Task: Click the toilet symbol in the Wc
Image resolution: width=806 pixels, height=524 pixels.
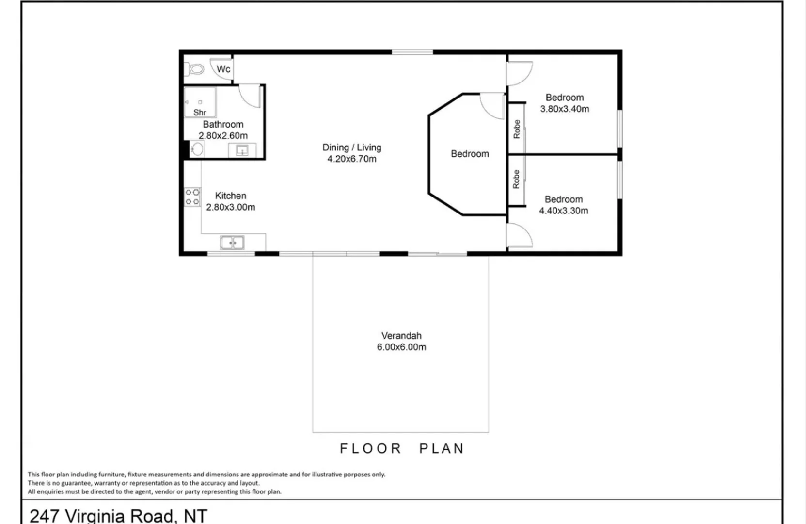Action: [x=195, y=69]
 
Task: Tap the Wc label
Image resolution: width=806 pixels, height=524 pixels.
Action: [x=223, y=69]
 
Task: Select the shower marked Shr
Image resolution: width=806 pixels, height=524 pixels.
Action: [x=200, y=103]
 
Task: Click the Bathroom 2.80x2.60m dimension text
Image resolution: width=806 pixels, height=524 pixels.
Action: [x=223, y=136]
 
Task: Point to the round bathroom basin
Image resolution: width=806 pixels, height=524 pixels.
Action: [x=197, y=149]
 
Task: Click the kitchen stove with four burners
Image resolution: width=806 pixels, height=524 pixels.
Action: [x=192, y=196]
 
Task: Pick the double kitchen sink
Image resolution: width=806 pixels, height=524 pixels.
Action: [x=232, y=242]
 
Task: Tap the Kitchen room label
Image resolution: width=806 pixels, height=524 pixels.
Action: [x=231, y=196]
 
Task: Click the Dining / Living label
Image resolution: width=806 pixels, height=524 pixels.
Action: [x=352, y=147]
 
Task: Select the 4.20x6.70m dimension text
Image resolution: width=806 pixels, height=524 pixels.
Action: [x=352, y=159]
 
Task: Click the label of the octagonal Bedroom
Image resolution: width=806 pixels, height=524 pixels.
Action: [x=470, y=154]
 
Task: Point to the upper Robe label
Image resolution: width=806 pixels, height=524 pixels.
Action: [x=517, y=129]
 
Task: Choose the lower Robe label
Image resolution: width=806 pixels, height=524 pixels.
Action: [x=516, y=179]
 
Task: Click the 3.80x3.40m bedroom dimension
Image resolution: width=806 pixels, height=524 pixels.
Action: [x=565, y=109]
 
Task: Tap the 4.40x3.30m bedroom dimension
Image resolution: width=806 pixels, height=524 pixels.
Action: [x=564, y=211]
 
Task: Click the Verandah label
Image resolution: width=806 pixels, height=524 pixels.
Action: [x=401, y=335]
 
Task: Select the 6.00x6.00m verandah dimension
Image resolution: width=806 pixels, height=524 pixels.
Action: [x=401, y=347]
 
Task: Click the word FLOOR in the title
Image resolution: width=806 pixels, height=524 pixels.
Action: [x=371, y=448]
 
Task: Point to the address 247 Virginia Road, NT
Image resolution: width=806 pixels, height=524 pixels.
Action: [x=119, y=515]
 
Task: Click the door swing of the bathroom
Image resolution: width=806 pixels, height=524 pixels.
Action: [x=250, y=96]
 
